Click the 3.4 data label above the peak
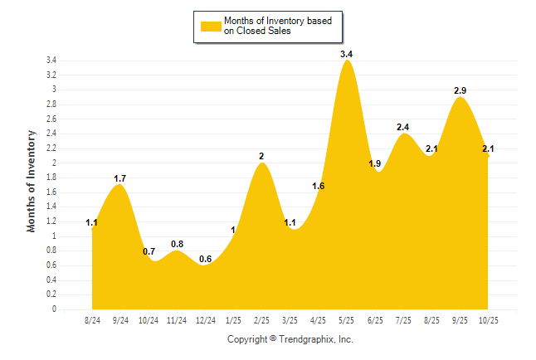pos(347,55)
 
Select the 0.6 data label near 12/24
pos(206,260)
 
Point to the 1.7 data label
pos(120,178)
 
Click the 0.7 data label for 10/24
pos(149,251)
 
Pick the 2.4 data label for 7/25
pos(403,127)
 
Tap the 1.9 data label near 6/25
pos(375,164)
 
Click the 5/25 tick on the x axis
pos(347,320)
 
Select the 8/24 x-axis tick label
pos(94,320)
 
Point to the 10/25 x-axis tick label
pos(489,320)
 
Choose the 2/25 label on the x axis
pos(262,320)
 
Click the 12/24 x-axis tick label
pos(206,320)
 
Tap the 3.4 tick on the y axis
pos(51,61)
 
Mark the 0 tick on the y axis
pos(54,309)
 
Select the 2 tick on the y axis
pos(54,163)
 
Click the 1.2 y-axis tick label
pos(51,221)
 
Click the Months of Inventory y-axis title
pos(32,181)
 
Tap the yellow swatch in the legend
pos(211,26)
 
